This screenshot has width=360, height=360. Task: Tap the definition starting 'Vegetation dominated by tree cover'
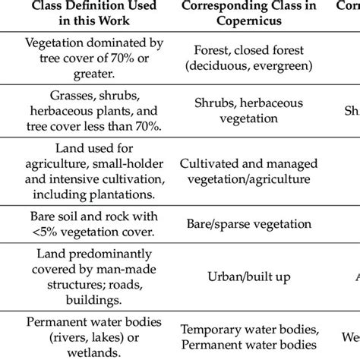point(86,58)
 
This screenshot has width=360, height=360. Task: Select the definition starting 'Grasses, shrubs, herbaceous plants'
point(86,112)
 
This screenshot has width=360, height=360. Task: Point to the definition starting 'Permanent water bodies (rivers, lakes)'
point(86,336)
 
